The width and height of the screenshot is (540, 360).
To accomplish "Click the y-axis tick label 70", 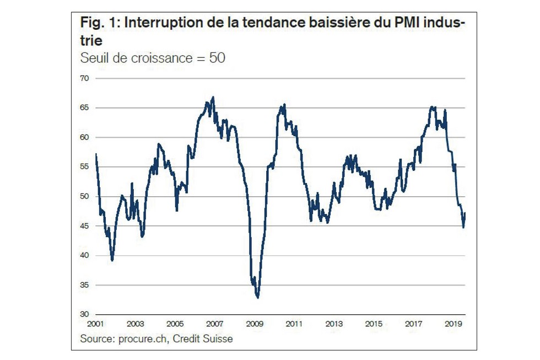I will [85, 78].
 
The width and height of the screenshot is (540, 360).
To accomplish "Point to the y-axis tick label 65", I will [85, 108].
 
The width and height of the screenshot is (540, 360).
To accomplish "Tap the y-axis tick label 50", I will [85, 196].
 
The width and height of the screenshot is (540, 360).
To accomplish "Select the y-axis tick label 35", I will [85, 285].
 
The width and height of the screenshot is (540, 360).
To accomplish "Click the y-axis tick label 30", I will [85, 314].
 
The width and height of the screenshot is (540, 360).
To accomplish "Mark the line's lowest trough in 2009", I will [258, 298].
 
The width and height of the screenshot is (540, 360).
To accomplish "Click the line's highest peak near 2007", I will [213, 97].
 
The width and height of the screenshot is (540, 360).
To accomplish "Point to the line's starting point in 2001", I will [96, 154].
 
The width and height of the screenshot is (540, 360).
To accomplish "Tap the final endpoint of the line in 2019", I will [465, 213].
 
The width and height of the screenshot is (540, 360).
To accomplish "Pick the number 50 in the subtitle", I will [217, 57].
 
